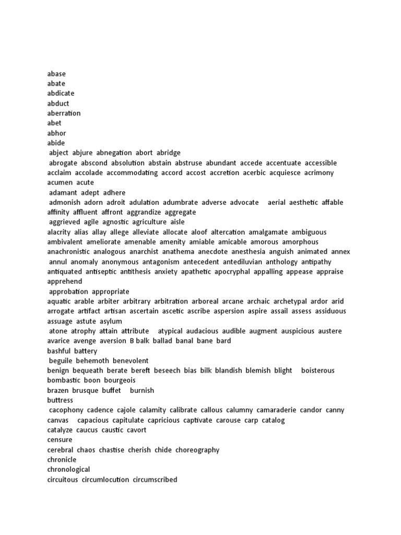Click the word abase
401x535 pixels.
tap(56, 74)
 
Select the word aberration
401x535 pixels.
tap(64, 113)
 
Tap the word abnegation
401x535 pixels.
tap(114, 153)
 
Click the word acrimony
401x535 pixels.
tap(320, 173)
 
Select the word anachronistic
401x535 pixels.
tap(68, 252)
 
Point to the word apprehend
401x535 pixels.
tap(64, 282)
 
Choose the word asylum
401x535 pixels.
tap(111, 322)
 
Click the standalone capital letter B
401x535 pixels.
tap(132, 342)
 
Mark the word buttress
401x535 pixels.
tap(60, 401)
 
